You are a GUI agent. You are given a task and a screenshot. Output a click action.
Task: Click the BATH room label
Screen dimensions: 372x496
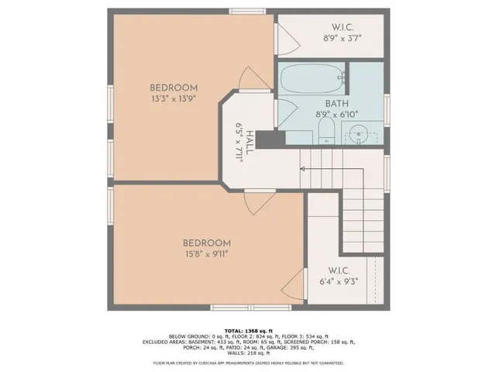coord(336,103)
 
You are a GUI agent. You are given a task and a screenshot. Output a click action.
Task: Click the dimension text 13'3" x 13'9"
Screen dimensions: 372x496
coord(174,99)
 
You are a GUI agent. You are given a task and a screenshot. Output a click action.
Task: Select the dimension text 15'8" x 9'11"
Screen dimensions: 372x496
coord(206,253)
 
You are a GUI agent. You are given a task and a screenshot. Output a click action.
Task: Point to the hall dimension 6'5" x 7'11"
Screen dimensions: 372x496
coord(240,142)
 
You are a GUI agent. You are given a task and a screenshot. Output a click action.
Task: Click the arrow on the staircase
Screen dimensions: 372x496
coord(303,167)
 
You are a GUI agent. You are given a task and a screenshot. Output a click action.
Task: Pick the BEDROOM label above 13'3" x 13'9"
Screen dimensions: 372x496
coord(174,88)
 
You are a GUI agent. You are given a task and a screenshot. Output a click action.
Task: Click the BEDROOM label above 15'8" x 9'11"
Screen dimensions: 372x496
coord(206,242)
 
